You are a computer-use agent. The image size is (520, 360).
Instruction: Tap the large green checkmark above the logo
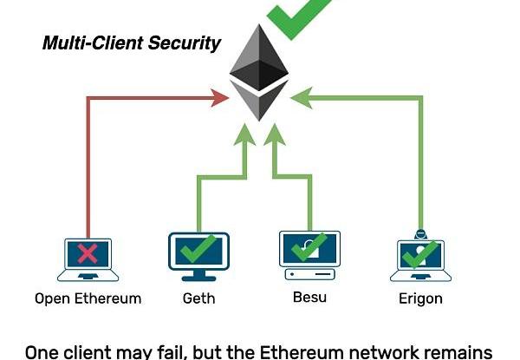point(299,15)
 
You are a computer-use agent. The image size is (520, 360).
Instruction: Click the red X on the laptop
point(87,253)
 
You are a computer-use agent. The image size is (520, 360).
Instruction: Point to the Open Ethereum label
point(88,299)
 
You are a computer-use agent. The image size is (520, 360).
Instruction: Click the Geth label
point(198,299)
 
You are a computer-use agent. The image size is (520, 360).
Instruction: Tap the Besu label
point(309,298)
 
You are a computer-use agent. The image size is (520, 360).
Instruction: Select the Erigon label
point(420,299)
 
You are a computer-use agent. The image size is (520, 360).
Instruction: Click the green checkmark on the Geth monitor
point(199,250)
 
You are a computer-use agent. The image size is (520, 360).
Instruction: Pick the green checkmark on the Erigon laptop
point(421,253)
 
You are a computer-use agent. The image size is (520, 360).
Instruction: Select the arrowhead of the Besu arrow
point(275,133)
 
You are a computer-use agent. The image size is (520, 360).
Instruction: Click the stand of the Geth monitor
point(198,275)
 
